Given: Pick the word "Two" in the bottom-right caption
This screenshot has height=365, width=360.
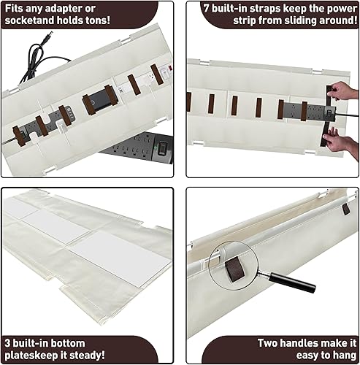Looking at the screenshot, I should [269, 342].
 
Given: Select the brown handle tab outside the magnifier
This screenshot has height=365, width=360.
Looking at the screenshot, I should [345, 209].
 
